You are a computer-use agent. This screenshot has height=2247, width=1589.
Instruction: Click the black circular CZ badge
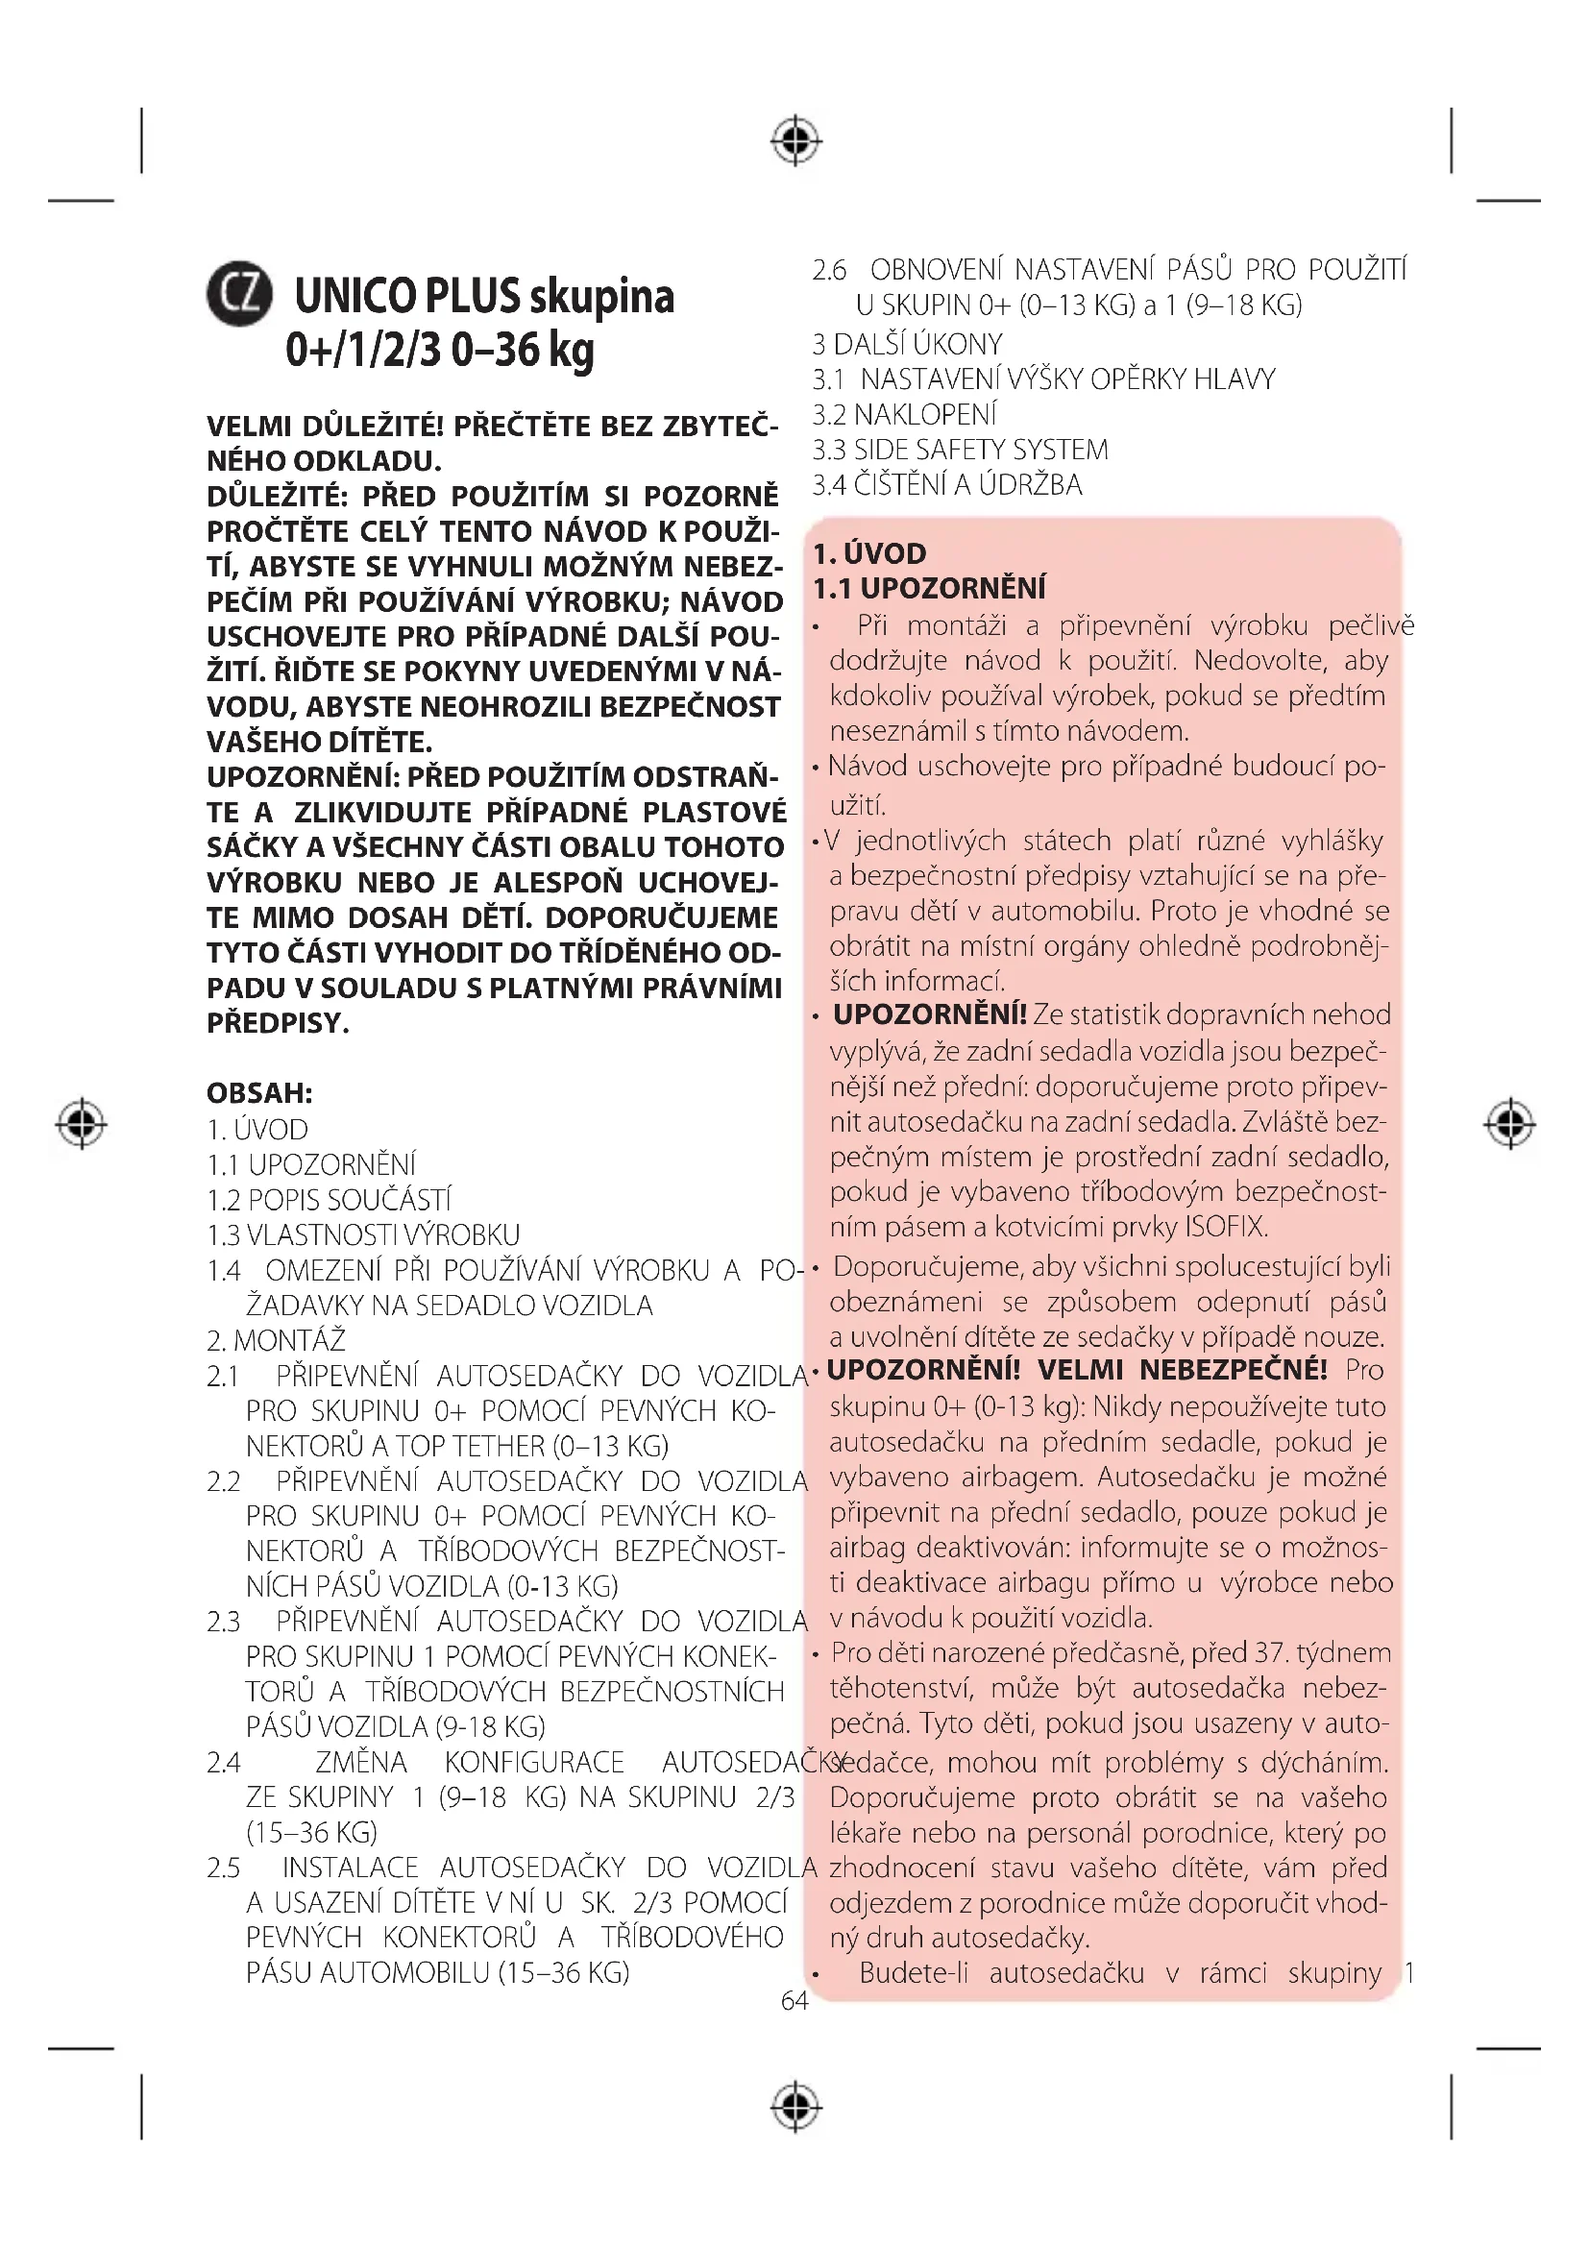(x=239, y=294)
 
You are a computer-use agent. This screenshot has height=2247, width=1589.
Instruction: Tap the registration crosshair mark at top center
(x=795, y=141)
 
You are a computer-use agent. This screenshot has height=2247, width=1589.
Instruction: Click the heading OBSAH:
(x=259, y=1093)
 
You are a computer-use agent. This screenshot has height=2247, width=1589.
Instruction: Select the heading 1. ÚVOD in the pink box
(x=868, y=554)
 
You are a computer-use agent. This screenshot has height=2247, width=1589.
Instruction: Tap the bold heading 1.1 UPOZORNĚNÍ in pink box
(x=929, y=589)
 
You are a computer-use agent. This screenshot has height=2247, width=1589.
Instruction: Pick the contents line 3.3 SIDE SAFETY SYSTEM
(x=960, y=451)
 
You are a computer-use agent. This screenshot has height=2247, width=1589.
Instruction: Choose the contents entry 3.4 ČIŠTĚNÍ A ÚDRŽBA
(x=947, y=485)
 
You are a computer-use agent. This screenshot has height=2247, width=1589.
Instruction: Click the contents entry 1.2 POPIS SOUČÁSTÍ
(x=329, y=1200)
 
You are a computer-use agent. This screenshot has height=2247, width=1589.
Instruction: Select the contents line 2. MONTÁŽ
(x=276, y=1341)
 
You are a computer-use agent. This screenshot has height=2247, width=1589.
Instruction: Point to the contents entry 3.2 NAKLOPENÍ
(x=904, y=415)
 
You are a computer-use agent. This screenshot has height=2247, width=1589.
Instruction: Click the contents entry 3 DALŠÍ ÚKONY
(x=907, y=345)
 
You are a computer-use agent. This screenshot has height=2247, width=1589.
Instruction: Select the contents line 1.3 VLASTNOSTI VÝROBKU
(x=363, y=1235)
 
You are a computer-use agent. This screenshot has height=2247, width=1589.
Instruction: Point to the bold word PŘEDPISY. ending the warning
(x=278, y=1024)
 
